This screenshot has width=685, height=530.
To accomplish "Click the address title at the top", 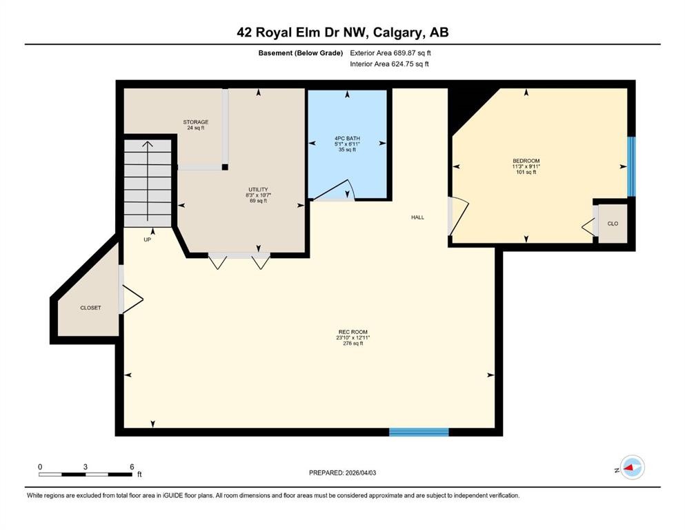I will coord(342,32).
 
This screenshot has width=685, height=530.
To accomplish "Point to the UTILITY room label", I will coord(258,189).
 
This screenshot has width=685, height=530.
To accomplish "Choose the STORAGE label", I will coord(196,122).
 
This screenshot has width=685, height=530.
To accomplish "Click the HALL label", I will coord(417,217).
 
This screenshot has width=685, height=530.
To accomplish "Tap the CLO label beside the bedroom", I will coord(613,224).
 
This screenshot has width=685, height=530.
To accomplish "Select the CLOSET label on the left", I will coord(90,308).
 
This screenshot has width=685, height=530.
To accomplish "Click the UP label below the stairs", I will coord(147,239).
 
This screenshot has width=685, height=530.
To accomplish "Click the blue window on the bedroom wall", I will coord(631,166).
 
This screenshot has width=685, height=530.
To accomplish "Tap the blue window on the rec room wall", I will coord(419,432).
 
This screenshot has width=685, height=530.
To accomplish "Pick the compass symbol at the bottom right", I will coord(631,469).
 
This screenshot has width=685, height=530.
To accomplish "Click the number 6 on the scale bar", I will coord(131,467).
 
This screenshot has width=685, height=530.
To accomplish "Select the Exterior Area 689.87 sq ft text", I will coord(390,52).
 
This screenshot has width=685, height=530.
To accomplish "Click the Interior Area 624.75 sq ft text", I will coord(389,64).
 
